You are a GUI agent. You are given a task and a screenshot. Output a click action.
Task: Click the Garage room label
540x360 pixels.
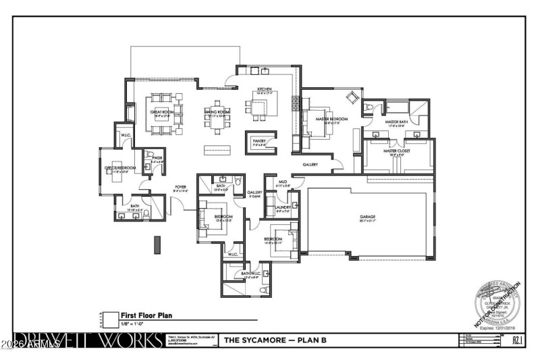tap(367, 218)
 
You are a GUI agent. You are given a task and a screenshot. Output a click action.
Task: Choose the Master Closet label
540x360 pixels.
tap(398, 152)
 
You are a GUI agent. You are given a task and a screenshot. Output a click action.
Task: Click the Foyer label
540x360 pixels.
tap(180, 188)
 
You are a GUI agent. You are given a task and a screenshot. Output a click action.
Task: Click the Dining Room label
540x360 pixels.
tap(217, 113)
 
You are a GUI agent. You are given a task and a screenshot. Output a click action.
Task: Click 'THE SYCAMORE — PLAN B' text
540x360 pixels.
tap(275, 340)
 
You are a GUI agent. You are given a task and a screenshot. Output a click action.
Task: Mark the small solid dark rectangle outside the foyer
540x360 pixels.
tap(157, 243)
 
